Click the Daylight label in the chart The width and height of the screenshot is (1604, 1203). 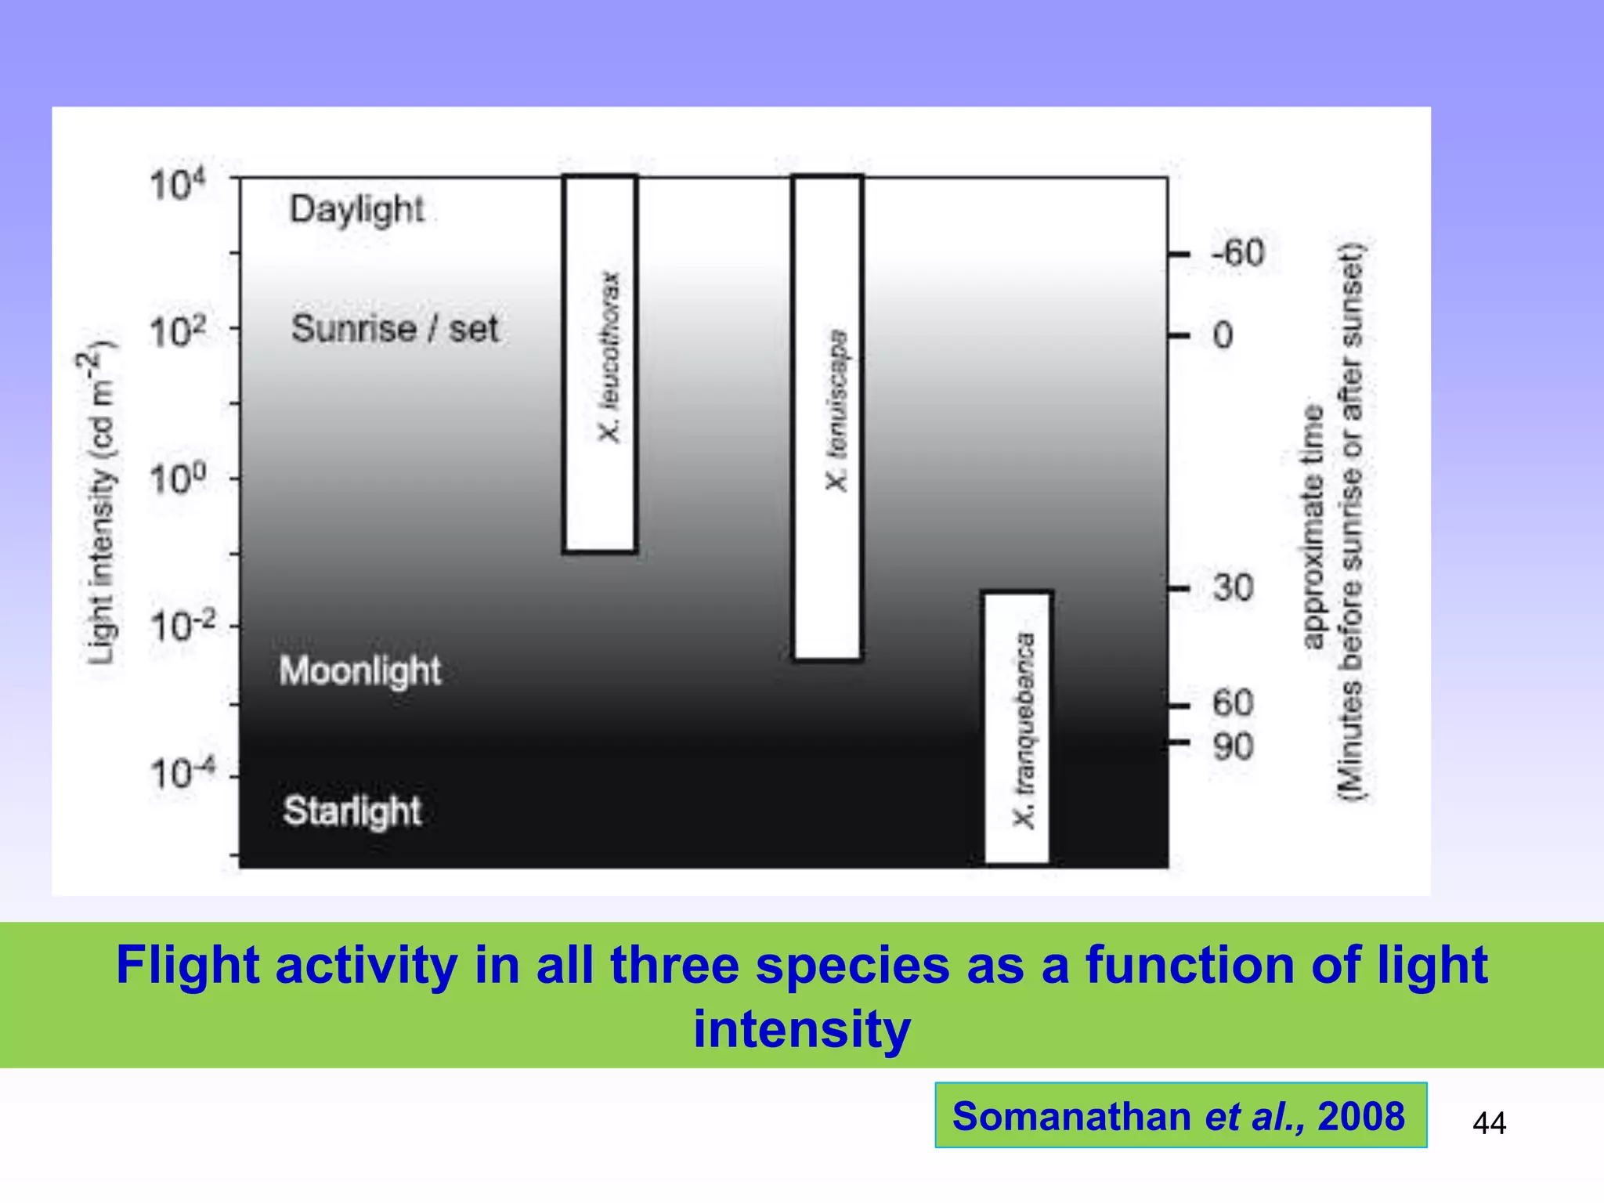click(x=356, y=210)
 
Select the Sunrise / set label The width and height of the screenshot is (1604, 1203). click(x=395, y=328)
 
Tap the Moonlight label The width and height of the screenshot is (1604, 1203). click(x=359, y=671)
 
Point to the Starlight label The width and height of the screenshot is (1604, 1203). click(x=352, y=811)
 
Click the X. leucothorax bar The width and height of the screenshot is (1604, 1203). click(x=601, y=364)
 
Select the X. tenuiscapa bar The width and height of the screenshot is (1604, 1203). click(x=828, y=417)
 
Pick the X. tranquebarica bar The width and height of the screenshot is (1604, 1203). click(x=1017, y=728)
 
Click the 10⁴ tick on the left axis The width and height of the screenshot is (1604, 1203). click(x=178, y=186)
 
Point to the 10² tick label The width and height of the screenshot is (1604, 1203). click(x=178, y=331)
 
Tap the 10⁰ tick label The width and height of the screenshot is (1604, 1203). click(x=178, y=479)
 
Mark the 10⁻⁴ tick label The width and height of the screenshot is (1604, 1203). click(x=182, y=774)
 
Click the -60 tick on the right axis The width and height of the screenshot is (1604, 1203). click(x=1237, y=254)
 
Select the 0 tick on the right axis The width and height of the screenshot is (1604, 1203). click(x=1223, y=336)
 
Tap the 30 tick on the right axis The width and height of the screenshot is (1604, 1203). click(x=1233, y=588)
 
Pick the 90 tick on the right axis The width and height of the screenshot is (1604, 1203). click(x=1233, y=746)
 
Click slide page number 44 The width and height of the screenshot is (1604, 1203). click(x=1489, y=1123)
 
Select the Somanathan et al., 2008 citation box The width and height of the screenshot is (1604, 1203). click(x=1180, y=1115)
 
